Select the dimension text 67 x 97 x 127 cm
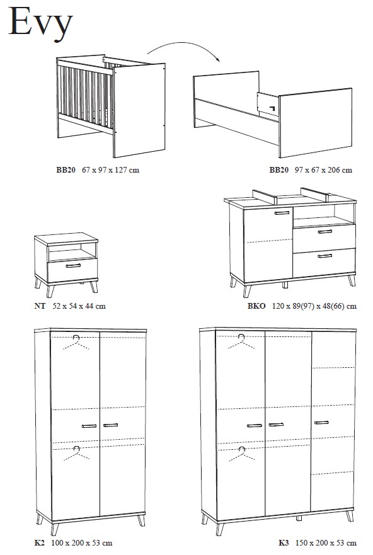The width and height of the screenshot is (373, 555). coord(110,170)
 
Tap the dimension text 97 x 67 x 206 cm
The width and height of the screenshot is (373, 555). coord(323,170)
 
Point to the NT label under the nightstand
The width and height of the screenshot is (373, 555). coord(40,306)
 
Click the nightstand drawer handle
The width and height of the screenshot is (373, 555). coord(73,265)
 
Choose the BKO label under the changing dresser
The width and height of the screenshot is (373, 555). coord(256,306)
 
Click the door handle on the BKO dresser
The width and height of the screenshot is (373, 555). coord(282,213)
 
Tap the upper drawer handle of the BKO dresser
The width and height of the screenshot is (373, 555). coord(325,231)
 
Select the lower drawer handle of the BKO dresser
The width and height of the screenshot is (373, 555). coord(325,256)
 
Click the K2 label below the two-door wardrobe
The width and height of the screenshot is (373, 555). coord(39,542)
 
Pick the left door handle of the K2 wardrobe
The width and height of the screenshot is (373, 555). coord(89,426)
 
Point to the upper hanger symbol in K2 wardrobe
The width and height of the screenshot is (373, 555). coord(76,342)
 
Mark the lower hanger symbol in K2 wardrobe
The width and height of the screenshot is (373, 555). coord(76,454)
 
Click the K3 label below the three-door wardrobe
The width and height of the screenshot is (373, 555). coord(284,542)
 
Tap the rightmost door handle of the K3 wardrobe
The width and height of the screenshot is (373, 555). coord(321,422)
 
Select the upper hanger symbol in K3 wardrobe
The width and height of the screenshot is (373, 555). coord(241,341)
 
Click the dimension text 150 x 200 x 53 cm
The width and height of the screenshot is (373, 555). coord(326,542)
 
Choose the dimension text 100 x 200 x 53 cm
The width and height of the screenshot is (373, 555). coord(82,542)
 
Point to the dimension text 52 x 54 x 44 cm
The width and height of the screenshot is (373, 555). coord(79,306)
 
